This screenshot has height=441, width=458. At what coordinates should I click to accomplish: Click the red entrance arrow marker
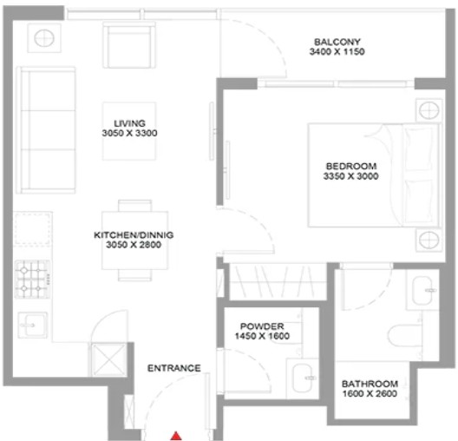pos(176,436)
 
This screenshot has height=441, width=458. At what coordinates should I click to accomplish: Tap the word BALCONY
pos(337,42)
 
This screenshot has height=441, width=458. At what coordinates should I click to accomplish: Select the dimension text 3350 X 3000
pos(350,176)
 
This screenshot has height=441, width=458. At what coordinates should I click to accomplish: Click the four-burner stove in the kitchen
pos(32,279)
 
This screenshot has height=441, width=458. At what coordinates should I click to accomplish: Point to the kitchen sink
pos(32,325)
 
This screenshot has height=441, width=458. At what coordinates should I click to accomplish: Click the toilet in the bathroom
pos(405,335)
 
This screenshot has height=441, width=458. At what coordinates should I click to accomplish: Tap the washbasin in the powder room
pos(303,378)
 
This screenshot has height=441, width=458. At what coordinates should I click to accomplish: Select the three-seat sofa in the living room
pos(46,130)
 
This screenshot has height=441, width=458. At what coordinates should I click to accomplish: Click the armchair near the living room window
pos(128,45)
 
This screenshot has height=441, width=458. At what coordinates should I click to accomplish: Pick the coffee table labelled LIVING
pos(129,131)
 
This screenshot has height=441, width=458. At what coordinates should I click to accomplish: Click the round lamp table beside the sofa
pos(44,38)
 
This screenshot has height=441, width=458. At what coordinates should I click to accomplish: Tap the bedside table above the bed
pos(429,111)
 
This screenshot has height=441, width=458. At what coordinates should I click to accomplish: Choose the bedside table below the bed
pos(429,240)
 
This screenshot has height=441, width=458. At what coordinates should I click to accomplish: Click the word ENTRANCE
pos(174,368)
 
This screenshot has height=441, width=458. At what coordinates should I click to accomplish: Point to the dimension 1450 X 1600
pos(262,336)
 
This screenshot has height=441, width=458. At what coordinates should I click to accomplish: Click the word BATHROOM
pos(370,384)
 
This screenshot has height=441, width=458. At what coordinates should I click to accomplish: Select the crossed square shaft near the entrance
pos(108,359)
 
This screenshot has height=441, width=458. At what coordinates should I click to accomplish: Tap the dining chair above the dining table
pos(135,206)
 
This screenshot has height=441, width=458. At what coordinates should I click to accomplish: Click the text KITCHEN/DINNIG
pos(134,235)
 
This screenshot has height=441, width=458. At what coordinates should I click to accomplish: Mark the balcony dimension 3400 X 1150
pos(337,52)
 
